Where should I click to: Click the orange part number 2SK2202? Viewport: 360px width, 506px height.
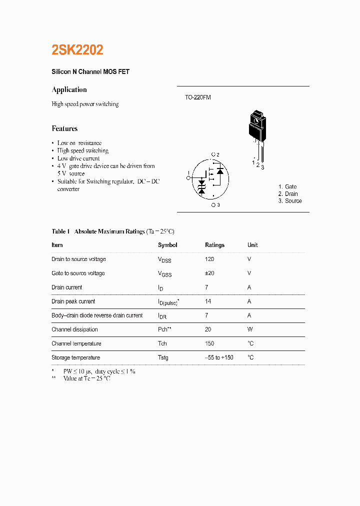(77, 50)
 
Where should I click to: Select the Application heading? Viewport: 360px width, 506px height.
(69, 90)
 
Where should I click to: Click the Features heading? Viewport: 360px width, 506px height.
(64, 128)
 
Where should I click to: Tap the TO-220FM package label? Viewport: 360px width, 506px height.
(198, 97)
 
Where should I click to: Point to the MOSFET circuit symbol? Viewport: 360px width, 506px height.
(210, 178)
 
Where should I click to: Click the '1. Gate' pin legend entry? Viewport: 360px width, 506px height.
(287, 187)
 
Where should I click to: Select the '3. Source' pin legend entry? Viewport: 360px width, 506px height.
(290, 201)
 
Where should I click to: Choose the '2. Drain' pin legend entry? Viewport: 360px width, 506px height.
(288, 194)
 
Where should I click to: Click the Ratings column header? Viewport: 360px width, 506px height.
(214, 245)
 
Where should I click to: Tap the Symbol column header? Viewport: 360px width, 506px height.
(167, 245)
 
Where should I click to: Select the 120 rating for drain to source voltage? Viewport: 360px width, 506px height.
(209, 259)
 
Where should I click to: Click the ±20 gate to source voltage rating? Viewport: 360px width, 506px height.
(209, 273)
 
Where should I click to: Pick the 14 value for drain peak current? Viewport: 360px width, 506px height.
(208, 301)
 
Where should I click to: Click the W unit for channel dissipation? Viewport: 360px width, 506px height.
(250, 329)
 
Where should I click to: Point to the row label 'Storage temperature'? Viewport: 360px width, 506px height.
(75, 357)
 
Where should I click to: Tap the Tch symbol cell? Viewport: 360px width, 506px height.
(163, 343)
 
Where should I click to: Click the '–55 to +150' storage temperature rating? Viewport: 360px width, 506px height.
(219, 357)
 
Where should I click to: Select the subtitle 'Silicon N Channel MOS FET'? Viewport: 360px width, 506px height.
(90, 72)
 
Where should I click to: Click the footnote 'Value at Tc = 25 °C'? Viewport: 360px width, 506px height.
(86, 379)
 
